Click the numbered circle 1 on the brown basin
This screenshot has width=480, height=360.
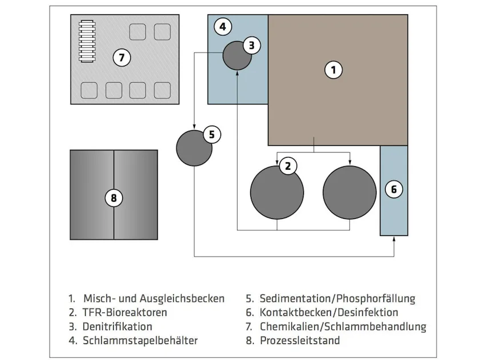coord(334,70)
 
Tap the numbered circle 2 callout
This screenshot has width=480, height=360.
coord(288,166)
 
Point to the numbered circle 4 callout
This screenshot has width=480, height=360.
coord(223,26)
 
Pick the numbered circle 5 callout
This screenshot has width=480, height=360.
coord(211,134)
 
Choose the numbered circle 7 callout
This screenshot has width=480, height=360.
coord(122,57)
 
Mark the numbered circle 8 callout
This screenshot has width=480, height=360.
coord(114,198)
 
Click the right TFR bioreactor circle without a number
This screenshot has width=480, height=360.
coord(349,192)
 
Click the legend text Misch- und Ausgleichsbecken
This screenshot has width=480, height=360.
coord(154,298)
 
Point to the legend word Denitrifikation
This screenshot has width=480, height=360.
coord(118,327)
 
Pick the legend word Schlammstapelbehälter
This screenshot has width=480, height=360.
coord(140,341)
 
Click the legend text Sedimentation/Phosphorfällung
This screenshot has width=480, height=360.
coord(337,298)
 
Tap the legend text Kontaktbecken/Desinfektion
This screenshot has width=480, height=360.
coord(329,313)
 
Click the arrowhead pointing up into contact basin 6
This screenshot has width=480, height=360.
coord(394,239)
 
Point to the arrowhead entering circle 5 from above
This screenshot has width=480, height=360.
coord(194,127)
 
